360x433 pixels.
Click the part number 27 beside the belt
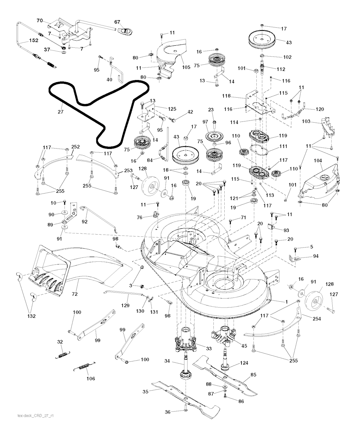(x=60, y=112)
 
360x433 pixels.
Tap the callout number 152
(x=34, y=40)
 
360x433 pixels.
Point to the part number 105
(x=186, y=67)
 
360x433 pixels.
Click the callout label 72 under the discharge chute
(x=75, y=294)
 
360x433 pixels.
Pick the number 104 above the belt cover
(x=318, y=160)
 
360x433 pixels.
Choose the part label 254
(x=317, y=319)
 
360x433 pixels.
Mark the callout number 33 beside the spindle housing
(x=208, y=349)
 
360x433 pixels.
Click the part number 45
(x=244, y=346)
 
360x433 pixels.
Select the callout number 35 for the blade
(x=146, y=392)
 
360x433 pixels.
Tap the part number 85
(x=253, y=375)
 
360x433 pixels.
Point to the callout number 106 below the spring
(x=91, y=379)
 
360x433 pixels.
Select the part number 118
(x=226, y=96)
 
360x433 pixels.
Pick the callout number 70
(x=40, y=20)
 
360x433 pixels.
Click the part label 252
(x=75, y=147)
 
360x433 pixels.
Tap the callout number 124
(x=244, y=363)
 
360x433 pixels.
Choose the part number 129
(x=126, y=305)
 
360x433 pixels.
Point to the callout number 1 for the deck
(x=287, y=302)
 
